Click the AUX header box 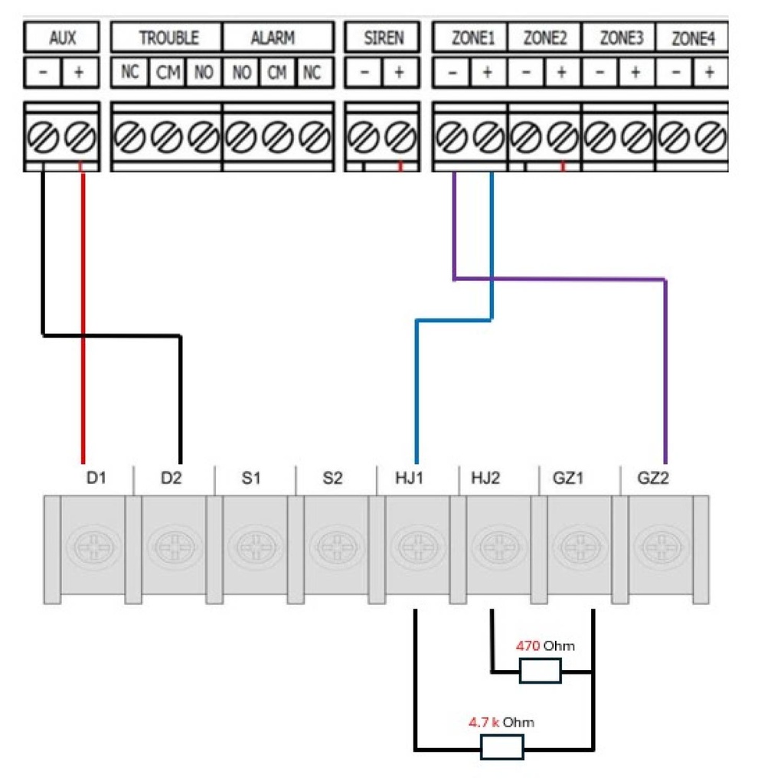click(61, 38)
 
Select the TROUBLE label click(168, 38)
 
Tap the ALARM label click(273, 38)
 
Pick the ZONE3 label click(620, 38)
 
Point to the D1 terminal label click(95, 479)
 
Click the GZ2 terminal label click(653, 479)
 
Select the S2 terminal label click(332, 479)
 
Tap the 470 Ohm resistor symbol click(541, 672)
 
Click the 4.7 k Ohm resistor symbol click(501, 746)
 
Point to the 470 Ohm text click(545, 645)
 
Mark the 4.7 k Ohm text click(501, 721)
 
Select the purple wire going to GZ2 click(665, 367)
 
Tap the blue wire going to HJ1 click(416, 383)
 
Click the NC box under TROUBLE click(129, 73)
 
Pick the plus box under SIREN click(399, 73)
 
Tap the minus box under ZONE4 click(675, 73)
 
